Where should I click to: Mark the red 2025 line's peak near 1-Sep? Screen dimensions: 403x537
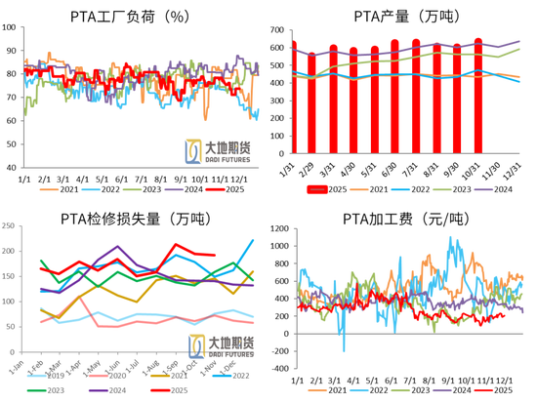click(177, 244)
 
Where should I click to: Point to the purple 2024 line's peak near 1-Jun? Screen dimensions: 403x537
click(118, 247)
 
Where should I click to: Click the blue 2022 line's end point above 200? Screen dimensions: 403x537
click(253, 240)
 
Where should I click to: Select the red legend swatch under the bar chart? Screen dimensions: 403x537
click(313, 188)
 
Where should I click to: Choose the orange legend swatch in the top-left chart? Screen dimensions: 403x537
click(47, 187)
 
